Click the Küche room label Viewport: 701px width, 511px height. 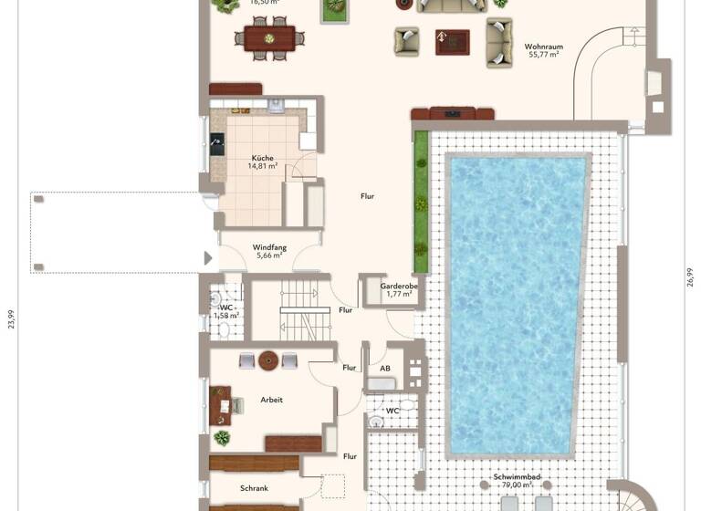[x=263, y=157]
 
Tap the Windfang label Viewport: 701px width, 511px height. [x=268, y=246]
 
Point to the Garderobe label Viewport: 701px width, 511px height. [x=399, y=286]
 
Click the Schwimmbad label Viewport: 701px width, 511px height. [x=516, y=477]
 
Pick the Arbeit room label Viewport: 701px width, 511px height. [x=271, y=400]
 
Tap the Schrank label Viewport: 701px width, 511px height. [x=254, y=489]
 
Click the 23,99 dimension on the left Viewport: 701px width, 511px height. [x=11, y=318]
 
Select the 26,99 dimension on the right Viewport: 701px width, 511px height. [x=689, y=277]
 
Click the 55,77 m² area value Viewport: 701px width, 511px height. [x=543, y=55]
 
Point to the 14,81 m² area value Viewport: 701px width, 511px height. [x=263, y=166]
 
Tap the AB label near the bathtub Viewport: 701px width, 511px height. [x=385, y=369]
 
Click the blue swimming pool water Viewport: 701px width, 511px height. [x=517, y=301]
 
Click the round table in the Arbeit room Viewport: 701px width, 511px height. [x=268, y=360]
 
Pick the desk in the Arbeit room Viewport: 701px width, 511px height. [x=220, y=405]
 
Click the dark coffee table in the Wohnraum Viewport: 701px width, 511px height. [x=452, y=41]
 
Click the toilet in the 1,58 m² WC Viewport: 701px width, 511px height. [x=216, y=298]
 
